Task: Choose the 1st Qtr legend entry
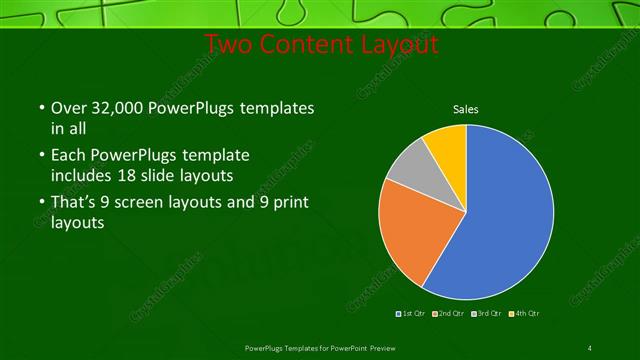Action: tap(411, 314)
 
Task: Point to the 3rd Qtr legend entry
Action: tap(487, 314)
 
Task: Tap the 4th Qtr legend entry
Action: tap(524, 314)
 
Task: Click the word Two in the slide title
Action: tap(231, 46)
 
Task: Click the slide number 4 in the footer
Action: tap(590, 348)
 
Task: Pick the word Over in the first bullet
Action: tap(67, 108)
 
